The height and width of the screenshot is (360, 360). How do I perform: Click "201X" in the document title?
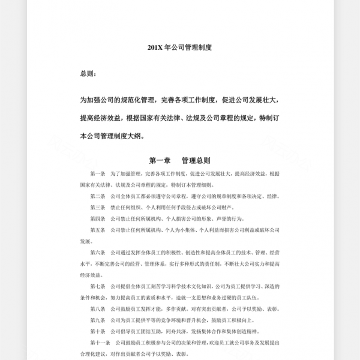coord(154,46)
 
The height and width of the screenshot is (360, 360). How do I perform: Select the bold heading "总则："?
coord(88,74)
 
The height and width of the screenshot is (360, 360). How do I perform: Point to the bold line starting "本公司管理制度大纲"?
coord(112,136)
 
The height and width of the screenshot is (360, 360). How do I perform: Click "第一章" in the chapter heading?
coord(160,160)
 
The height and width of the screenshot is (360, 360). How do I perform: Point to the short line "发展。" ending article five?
coord(87,241)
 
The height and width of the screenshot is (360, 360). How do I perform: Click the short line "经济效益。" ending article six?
coord(91,275)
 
